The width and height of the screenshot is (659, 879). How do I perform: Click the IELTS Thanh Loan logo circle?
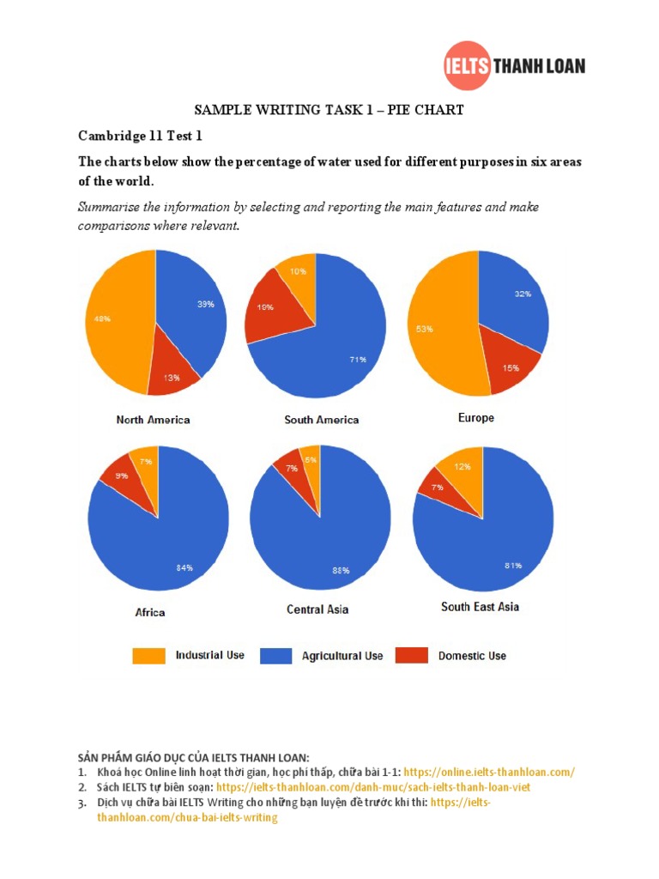pos(467,65)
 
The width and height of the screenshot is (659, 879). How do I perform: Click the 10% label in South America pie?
pos(296,270)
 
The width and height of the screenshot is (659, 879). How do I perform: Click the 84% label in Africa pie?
pos(184,567)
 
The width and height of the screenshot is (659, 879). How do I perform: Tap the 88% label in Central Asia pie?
pos(342,570)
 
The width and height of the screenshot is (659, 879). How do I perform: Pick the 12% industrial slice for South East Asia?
pos(463,468)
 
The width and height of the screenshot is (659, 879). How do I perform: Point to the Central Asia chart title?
pos(317,609)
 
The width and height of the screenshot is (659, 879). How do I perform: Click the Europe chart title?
pos(476,418)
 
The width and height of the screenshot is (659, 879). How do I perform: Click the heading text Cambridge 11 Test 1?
pos(141,136)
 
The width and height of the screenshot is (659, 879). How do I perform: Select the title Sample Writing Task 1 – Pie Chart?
pos(329,109)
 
